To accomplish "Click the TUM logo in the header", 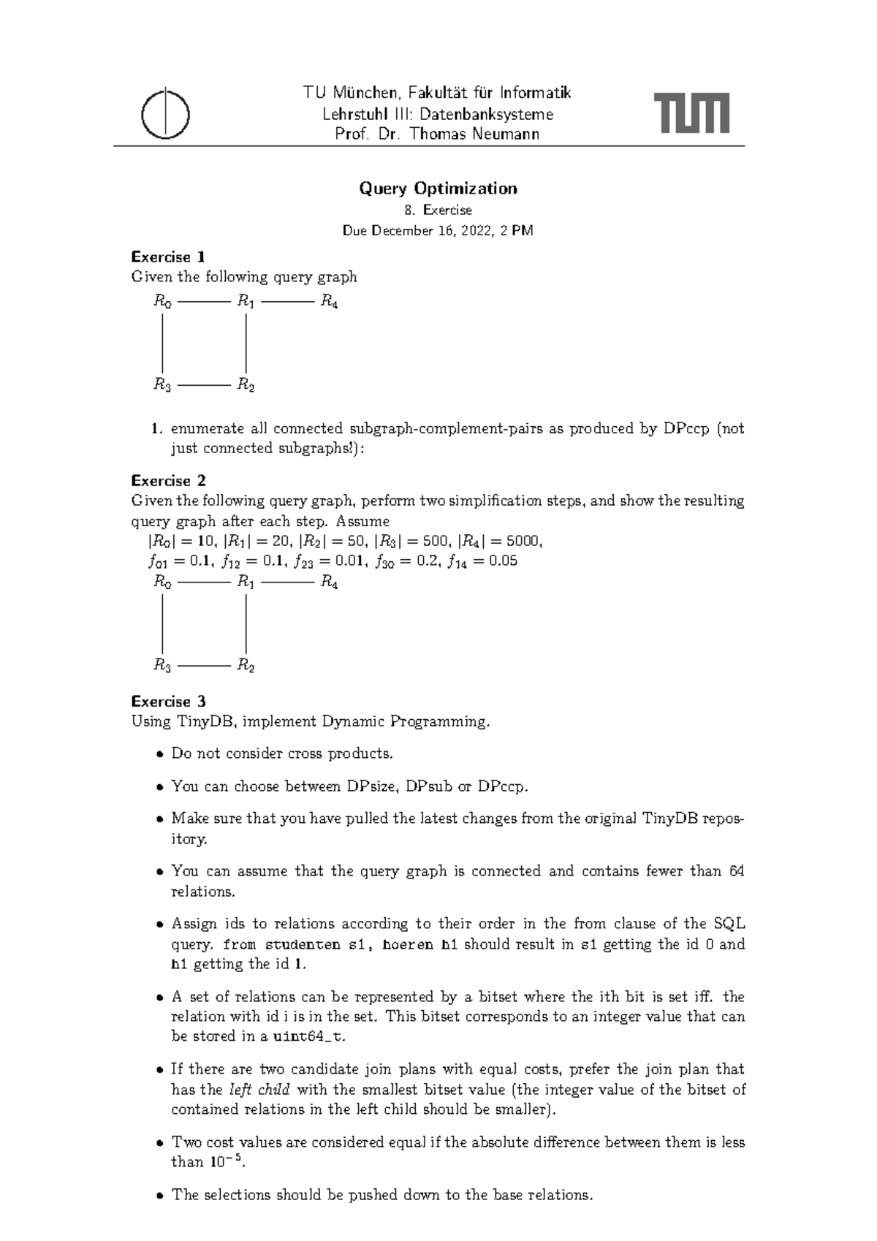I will click(x=691, y=113).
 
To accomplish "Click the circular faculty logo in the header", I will click(x=166, y=115).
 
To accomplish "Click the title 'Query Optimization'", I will click(x=438, y=189).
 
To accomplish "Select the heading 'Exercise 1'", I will click(x=168, y=257).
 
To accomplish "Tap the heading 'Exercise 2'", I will click(x=168, y=481).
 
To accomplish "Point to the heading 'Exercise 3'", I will click(x=168, y=702).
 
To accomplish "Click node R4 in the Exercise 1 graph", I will click(x=329, y=301).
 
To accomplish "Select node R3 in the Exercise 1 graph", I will click(x=162, y=384).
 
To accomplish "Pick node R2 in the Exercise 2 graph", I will click(x=246, y=665).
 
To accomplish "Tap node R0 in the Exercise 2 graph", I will click(x=162, y=582).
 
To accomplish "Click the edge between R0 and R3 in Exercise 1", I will click(x=162, y=343).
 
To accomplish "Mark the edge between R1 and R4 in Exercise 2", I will click(x=287, y=582).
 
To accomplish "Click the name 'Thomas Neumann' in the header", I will click(x=474, y=134).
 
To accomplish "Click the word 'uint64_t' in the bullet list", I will click(x=305, y=1036).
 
